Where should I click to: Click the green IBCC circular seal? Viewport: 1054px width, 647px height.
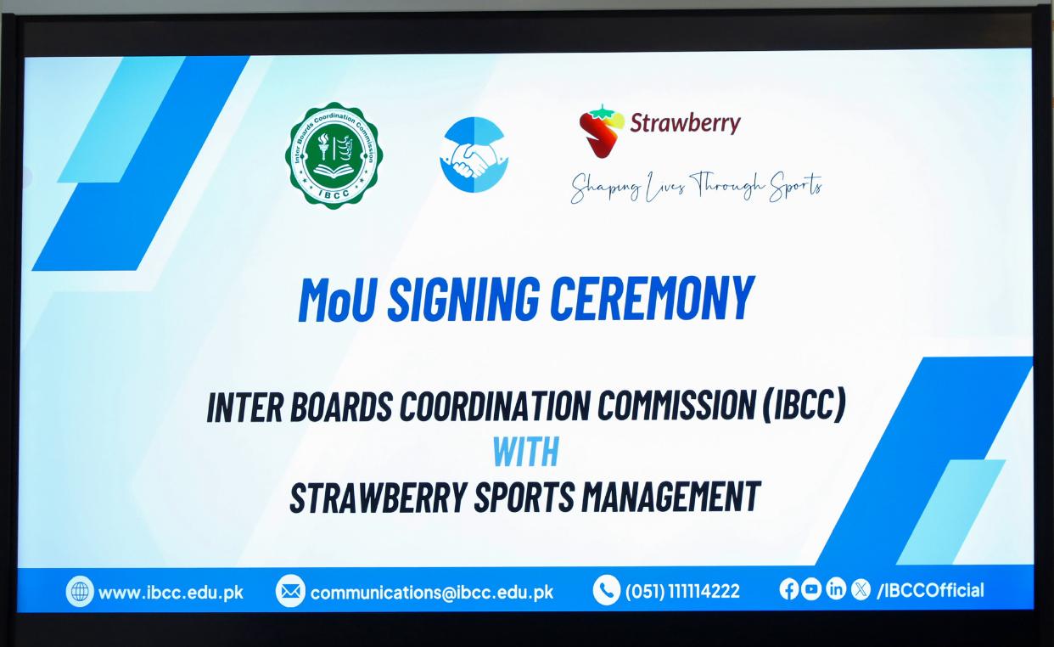coord(334,155)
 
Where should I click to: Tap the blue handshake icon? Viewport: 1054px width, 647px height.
coord(474,155)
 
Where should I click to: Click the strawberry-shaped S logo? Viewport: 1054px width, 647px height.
coord(602,131)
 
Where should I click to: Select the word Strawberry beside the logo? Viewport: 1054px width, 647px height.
coord(685,123)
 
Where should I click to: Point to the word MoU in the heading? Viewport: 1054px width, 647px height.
coord(337,299)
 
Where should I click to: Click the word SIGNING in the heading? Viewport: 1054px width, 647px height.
coord(463,299)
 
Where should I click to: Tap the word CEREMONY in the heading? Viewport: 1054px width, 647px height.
coord(653,299)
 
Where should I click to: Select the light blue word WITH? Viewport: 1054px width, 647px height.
coord(526,451)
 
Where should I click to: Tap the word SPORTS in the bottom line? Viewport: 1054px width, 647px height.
coord(524,497)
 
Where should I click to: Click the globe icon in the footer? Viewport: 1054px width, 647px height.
coord(80,592)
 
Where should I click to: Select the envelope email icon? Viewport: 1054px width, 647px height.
coord(290,590)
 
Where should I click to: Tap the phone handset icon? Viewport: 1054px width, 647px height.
coord(607,590)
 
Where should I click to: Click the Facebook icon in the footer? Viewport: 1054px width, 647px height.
coord(788,589)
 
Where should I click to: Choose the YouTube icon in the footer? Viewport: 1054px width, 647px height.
coord(811,589)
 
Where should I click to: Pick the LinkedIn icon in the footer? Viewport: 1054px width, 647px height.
coord(836,589)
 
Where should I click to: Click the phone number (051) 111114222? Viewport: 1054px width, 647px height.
coord(682,591)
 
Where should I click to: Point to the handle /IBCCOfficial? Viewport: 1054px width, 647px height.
coord(930,590)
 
